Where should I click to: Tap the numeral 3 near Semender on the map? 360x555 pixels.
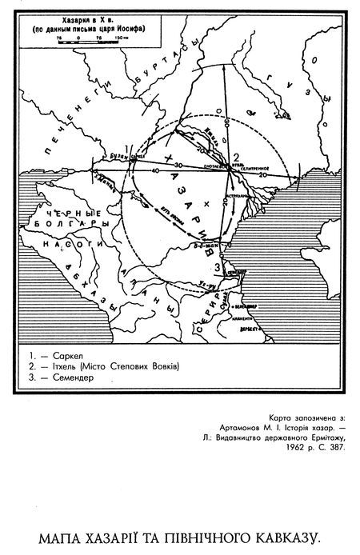217,266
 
